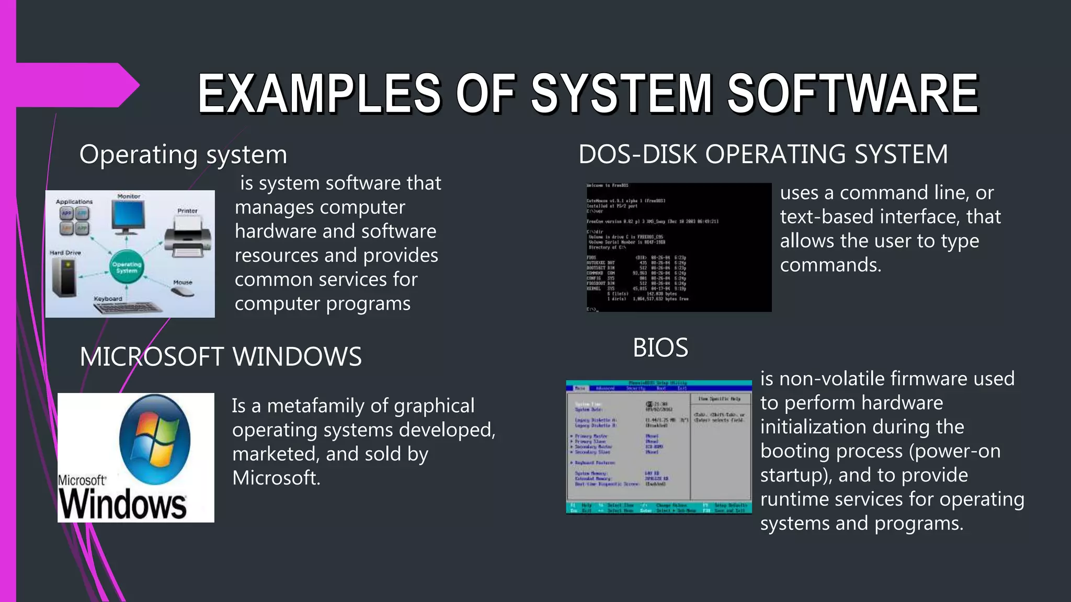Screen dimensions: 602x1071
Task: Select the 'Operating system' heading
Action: click(183, 155)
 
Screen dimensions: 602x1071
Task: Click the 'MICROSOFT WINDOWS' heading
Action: click(220, 357)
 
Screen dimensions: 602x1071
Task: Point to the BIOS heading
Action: click(660, 348)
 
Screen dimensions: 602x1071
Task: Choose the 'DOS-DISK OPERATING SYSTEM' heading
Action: click(763, 155)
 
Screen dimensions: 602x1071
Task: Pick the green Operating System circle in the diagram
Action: click(127, 268)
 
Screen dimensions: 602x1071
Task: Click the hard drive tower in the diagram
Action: click(65, 276)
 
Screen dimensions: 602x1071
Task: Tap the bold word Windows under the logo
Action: click(122, 504)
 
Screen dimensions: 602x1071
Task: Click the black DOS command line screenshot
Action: click(678, 247)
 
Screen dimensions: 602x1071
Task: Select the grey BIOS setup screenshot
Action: click(659, 447)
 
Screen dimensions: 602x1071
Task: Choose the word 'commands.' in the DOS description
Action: click(830, 265)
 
